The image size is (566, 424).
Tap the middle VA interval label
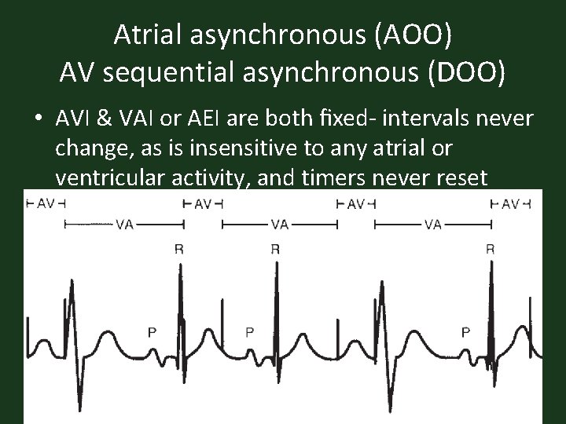point(280,224)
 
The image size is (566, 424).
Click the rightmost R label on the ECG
point(490,249)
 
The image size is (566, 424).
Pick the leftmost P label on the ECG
point(152,331)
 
